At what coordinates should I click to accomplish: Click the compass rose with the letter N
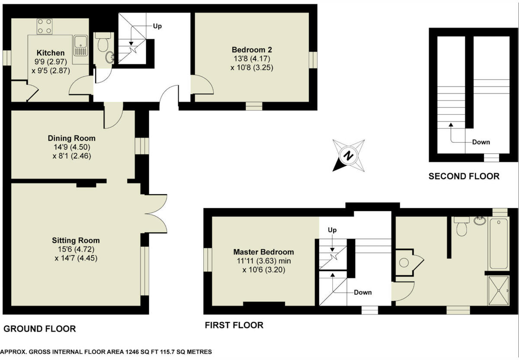349,156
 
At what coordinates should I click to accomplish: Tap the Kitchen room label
51,53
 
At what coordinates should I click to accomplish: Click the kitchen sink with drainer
80,46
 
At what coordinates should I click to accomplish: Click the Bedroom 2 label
251,49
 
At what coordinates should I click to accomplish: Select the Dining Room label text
71,138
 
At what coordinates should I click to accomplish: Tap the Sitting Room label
76,240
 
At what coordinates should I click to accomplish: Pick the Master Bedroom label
263,252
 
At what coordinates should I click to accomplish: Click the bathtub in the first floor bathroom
500,244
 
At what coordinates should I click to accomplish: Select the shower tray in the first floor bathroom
500,291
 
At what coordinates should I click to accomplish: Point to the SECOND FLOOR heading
464,176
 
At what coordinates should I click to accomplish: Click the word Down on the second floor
481,142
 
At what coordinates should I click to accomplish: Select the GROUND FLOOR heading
39,329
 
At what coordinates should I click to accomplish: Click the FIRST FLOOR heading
234,325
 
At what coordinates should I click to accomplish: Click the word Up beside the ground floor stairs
157,26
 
